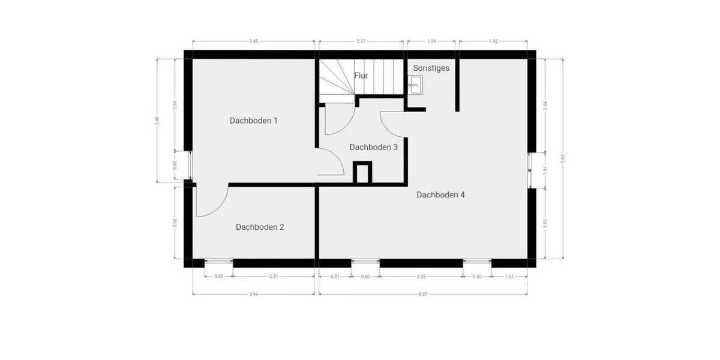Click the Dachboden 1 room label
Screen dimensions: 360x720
(x=253, y=121)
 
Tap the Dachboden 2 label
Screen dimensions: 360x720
(x=259, y=227)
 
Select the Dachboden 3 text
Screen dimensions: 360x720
(x=373, y=146)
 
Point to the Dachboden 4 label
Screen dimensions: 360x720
(x=440, y=195)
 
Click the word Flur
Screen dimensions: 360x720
(x=361, y=76)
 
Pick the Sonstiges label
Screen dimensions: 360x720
(x=431, y=68)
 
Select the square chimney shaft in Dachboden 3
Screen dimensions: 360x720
(x=362, y=172)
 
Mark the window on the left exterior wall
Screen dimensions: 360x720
(x=188, y=166)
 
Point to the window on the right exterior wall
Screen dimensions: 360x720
(x=532, y=170)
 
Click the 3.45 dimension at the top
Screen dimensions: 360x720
(x=253, y=41)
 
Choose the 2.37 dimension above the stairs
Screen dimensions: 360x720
(x=361, y=41)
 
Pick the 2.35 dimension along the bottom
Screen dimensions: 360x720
(x=421, y=277)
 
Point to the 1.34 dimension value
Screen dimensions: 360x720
(x=431, y=41)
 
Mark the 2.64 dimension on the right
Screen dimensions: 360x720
(x=545, y=104)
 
